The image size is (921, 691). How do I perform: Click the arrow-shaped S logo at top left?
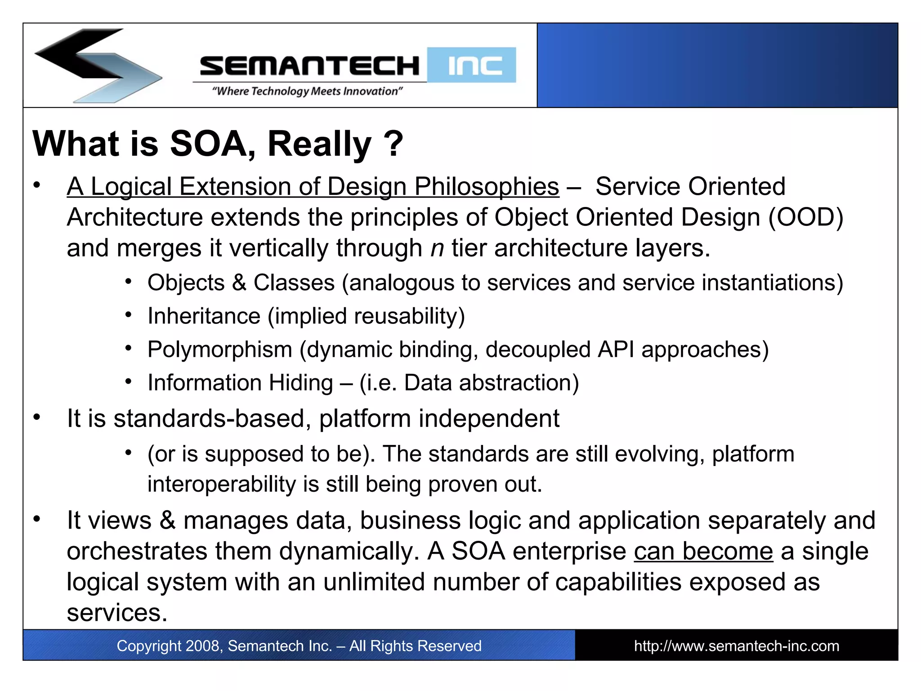tap(97, 66)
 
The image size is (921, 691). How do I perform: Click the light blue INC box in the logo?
tap(472, 65)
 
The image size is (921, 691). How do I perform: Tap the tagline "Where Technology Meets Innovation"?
tap(307, 91)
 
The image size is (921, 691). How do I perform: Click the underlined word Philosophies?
tap(486, 187)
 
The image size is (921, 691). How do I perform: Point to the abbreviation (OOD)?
tap(805, 218)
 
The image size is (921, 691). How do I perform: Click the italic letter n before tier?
tap(437, 249)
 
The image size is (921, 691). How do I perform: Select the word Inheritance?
tap(204, 316)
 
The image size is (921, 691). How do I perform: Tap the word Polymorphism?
tap(220, 350)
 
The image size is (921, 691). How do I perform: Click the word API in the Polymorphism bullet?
tap(616, 350)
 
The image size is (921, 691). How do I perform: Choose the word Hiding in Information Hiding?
tap(300, 383)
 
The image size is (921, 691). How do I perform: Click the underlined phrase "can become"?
tap(703, 551)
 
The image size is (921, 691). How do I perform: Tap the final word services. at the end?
tap(117, 613)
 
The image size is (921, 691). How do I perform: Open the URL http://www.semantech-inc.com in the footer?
tap(736, 646)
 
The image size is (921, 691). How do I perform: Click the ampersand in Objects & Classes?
tap(239, 283)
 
